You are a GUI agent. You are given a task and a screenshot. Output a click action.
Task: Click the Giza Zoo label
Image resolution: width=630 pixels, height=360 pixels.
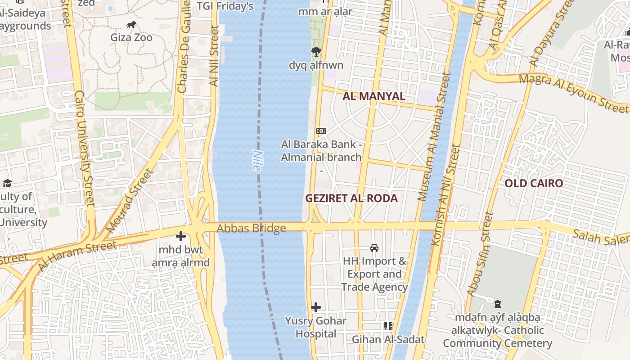131,37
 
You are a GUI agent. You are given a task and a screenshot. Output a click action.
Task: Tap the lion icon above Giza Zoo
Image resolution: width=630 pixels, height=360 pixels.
131,25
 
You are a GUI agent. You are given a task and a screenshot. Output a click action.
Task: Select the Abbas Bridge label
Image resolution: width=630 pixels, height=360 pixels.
251,228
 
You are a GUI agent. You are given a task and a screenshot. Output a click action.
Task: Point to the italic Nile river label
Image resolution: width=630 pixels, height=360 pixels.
256,161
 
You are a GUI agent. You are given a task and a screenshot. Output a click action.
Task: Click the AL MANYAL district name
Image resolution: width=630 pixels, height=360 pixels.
374,96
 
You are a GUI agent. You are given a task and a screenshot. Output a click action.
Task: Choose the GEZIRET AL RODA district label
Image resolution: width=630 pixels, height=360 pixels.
351,198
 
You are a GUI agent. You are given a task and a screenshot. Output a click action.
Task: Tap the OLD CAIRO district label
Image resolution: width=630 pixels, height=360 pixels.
533,183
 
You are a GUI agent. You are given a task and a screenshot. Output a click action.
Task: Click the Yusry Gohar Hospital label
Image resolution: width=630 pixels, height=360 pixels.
315,327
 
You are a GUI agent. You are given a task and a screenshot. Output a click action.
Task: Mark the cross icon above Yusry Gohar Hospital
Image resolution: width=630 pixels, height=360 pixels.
316,307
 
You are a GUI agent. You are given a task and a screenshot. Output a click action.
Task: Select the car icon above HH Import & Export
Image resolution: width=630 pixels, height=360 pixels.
374,247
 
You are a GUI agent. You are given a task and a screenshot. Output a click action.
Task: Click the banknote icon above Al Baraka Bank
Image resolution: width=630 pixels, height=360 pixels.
321,131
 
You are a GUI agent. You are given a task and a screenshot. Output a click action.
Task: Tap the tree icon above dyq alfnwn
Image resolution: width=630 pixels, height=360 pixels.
316,52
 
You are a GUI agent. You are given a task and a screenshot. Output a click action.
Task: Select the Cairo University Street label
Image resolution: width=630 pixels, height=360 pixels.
84,148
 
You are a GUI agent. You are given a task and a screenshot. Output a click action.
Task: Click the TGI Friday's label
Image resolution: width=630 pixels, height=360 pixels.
225,6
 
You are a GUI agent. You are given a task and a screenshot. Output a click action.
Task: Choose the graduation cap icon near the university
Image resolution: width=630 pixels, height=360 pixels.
7,183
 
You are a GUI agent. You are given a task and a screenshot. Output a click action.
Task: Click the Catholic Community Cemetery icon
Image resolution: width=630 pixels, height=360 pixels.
498,305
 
